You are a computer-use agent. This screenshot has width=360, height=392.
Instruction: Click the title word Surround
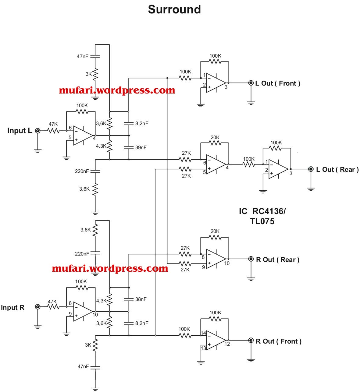click(174, 9)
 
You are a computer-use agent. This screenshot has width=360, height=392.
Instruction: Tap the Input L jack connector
click(38, 131)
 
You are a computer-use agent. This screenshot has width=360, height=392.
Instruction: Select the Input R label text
click(12, 308)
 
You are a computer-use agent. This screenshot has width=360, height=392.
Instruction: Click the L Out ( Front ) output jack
click(251, 83)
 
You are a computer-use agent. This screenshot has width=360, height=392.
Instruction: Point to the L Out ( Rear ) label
click(337, 170)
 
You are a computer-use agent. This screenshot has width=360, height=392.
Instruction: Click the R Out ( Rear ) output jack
click(251, 259)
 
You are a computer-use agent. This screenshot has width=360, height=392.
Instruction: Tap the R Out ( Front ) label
click(278, 341)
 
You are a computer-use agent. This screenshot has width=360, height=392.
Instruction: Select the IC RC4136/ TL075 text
click(262, 216)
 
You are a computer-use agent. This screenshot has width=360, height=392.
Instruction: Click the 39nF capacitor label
click(141, 147)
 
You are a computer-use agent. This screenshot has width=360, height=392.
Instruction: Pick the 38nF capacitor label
click(141, 299)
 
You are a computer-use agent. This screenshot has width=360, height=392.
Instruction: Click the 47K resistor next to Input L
click(53, 131)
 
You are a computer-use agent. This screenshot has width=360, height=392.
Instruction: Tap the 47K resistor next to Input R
click(53, 307)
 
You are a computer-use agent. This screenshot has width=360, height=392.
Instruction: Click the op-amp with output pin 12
click(216, 341)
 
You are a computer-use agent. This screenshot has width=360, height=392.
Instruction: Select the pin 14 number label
click(203, 333)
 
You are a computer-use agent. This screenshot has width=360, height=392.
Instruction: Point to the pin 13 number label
click(203, 348)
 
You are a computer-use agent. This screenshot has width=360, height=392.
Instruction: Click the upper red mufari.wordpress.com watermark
click(117, 90)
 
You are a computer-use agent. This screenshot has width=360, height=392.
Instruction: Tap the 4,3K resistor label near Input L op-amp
click(101, 146)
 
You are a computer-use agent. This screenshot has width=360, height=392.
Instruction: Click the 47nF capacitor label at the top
click(82, 56)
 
